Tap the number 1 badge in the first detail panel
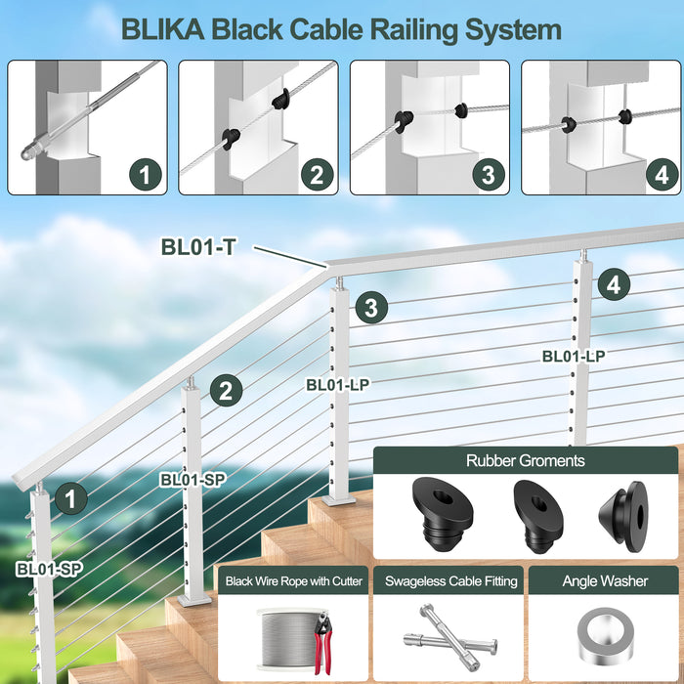[x=146, y=176]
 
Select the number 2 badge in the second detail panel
[x=316, y=176]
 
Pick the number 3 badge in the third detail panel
[x=488, y=176]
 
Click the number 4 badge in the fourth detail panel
[x=661, y=176]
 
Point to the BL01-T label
[x=198, y=247]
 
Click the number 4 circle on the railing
[x=613, y=285]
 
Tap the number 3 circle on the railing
[x=370, y=307]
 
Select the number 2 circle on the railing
[x=225, y=392]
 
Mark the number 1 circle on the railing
[x=69, y=499]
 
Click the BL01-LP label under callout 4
[x=574, y=357]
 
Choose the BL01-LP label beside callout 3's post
[x=337, y=385]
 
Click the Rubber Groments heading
[x=526, y=461]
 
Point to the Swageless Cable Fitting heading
[x=450, y=581]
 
